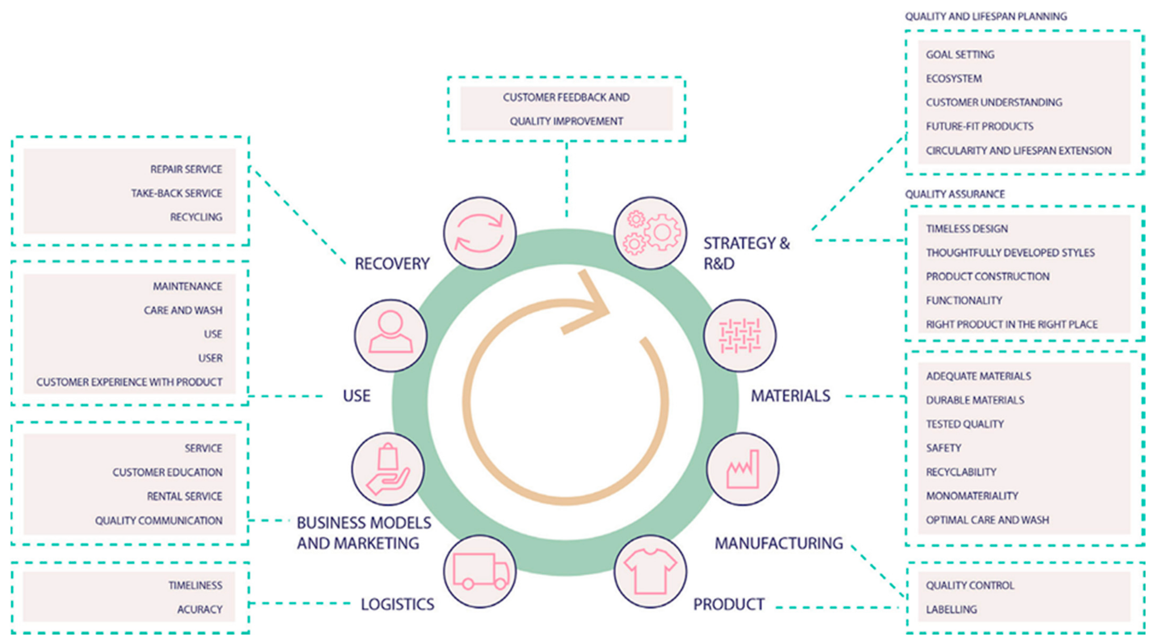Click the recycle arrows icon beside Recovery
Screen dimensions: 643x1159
coord(479,233)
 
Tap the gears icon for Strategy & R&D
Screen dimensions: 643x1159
coord(651,233)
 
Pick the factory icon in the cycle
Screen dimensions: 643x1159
coord(742,469)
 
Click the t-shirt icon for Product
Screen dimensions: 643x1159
coord(651,571)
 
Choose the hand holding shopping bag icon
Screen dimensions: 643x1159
coord(388,469)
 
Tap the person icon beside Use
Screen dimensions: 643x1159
coord(391,335)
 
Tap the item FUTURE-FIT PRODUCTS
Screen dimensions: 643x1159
coord(979,126)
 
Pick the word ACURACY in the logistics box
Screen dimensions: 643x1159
coord(200,609)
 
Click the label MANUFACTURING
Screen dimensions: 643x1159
coord(779,543)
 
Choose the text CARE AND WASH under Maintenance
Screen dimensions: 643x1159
coord(183,310)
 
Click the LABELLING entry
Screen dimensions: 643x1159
coord(951,609)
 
